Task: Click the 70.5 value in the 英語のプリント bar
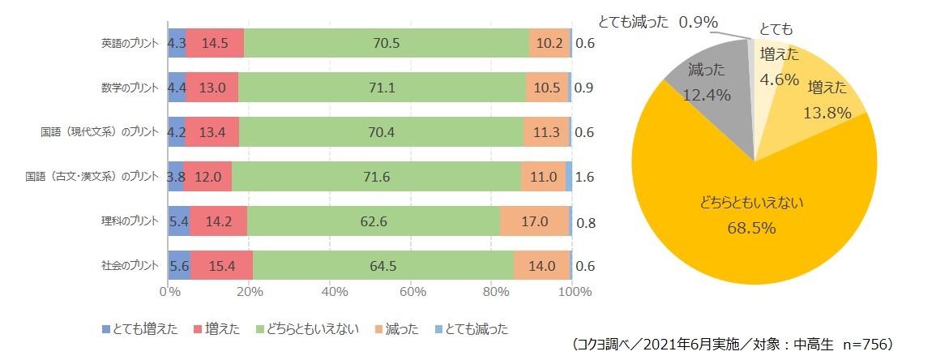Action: click(x=386, y=43)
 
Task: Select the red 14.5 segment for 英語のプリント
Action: click(x=214, y=43)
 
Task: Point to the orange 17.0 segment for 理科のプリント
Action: click(x=534, y=221)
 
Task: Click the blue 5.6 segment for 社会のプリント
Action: click(x=179, y=266)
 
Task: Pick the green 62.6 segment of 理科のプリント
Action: click(x=373, y=221)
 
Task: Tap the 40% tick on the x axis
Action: click(x=331, y=292)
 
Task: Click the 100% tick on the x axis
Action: click(x=575, y=292)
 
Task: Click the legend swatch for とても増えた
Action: click(x=106, y=329)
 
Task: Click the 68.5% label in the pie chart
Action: click(x=754, y=229)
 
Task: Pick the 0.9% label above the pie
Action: click(x=698, y=23)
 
